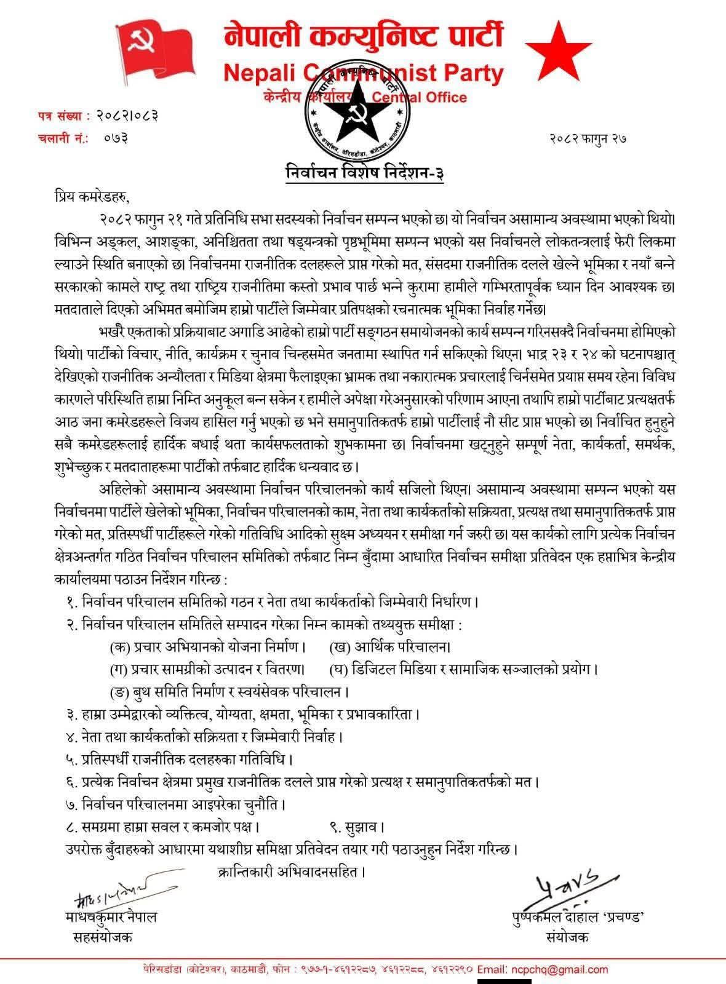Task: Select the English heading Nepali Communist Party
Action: (x=363, y=74)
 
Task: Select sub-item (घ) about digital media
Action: (x=464, y=669)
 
